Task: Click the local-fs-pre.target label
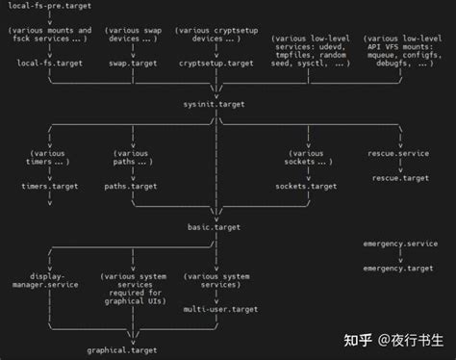pyautogui.click(x=46, y=6)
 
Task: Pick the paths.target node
pyautogui.click(x=130, y=186)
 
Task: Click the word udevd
pyautogui.click(x=333, y=45)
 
